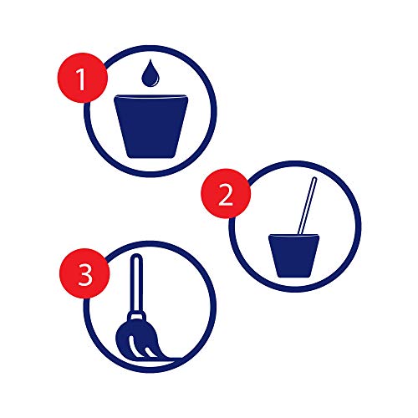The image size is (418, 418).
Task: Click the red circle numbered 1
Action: pyautogui.click(x=83, y=78)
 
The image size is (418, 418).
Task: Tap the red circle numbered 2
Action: pyautogui.click(x=226, y=193)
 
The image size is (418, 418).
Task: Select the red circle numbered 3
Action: pyautogui.click(x=84, y=273)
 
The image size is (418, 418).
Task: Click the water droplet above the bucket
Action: pyautogui.click(x=150, y=73)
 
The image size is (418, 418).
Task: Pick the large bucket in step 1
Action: pyautogui.click(x=151, y=126)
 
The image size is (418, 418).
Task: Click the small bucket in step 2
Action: pyautogui.click(x=294, y=256)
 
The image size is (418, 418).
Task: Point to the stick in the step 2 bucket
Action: pyautogui.click(x=307, y=206)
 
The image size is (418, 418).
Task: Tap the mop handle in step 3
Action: pyautogui.click(x=136, y=283)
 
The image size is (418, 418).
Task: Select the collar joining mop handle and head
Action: pyautogui.click(x=136, y=316)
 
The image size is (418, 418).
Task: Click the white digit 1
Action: pyautogui.click(x=81, y=79)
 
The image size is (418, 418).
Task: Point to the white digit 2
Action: pyautogui.click(x=226, y=195)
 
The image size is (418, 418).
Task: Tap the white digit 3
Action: pyautogui.click(x=85, y=275)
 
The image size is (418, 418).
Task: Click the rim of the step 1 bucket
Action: pyautogui.click(x=151, y=96)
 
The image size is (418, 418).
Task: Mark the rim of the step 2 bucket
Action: pyautogui.click(x=294, y=236)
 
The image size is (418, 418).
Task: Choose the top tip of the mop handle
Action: pyautogui.click(x=136, y=254)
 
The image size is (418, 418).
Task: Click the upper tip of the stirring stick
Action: pyautogui.click(x=315, y=178)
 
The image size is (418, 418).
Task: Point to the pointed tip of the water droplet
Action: pyautogui.click(x=150, y=59)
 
